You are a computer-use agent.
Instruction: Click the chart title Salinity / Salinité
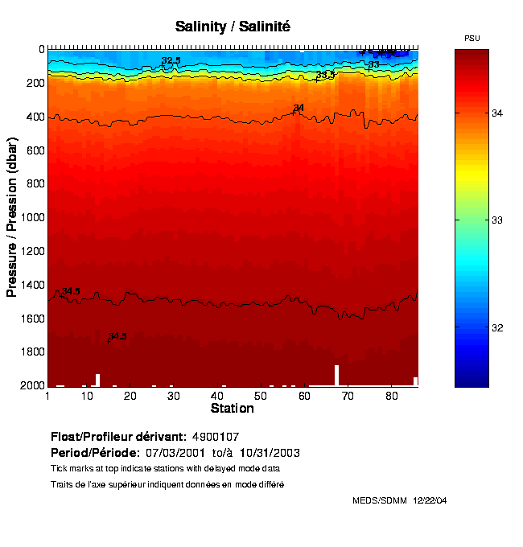pos(233,27)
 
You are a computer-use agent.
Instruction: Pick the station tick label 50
pos(261,397)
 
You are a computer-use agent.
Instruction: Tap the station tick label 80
pos(390,397)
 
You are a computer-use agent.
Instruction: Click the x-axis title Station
pos(233,409)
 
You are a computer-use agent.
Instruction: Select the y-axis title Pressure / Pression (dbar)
pos(12,217)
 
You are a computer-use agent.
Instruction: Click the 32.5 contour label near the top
pos(171,60)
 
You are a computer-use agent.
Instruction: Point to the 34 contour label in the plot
pos(299,108)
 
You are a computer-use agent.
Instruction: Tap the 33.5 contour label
pos(325,75)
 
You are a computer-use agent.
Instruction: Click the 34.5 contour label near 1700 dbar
pos(117,335)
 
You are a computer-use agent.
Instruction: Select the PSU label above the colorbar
pos(472,39)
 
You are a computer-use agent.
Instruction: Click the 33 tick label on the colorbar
pos(497,220)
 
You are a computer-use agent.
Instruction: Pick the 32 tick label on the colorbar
pos(497,328)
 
